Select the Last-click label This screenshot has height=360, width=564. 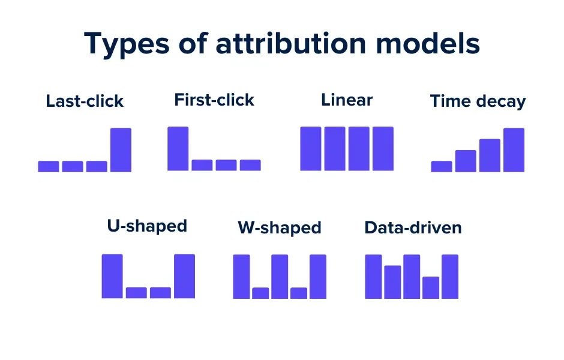coord(85,101)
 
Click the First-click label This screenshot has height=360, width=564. coord(214,100)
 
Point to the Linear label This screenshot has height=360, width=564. coord(347,100)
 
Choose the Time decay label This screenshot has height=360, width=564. coord(478,101)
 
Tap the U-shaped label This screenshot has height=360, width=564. coord(147,226)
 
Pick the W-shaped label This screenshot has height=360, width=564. coord(280,228)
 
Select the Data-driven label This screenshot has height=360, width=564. coord(413,228)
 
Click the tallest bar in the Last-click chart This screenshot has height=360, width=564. coord(121,150)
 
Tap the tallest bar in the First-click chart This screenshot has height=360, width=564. coord(178,149)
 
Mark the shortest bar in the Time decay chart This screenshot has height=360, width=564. coord(442,166)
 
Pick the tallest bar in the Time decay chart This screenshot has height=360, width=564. coord(514,150)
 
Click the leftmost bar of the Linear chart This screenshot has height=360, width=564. coord(311,149)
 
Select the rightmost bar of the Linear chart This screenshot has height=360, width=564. coord(383,149)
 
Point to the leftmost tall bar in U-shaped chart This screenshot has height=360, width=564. coord(112,276)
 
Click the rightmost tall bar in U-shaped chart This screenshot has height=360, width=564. coord(184,276)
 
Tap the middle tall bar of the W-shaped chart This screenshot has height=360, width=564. coord(280,277)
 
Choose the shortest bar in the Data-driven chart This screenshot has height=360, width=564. coord(431,287)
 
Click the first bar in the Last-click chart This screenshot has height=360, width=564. coord(49,166)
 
